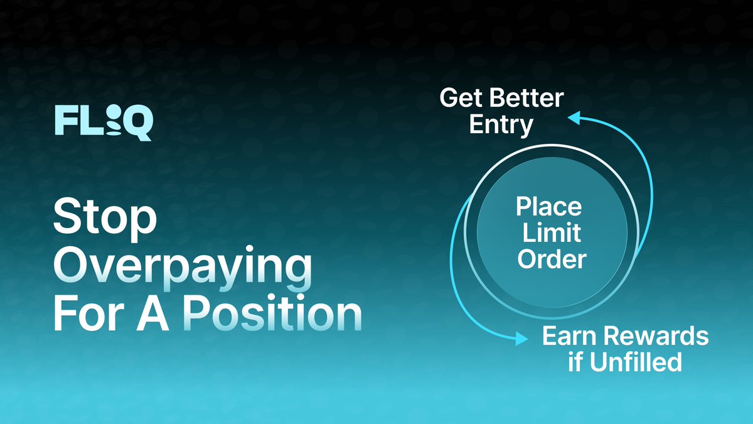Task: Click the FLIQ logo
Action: (103, 122)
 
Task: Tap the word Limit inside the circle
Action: (549, 232)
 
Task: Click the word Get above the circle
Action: (461, 99)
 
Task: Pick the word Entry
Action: (501, 124)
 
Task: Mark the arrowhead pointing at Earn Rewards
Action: (520, 339)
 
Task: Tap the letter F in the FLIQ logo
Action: (65, 121)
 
